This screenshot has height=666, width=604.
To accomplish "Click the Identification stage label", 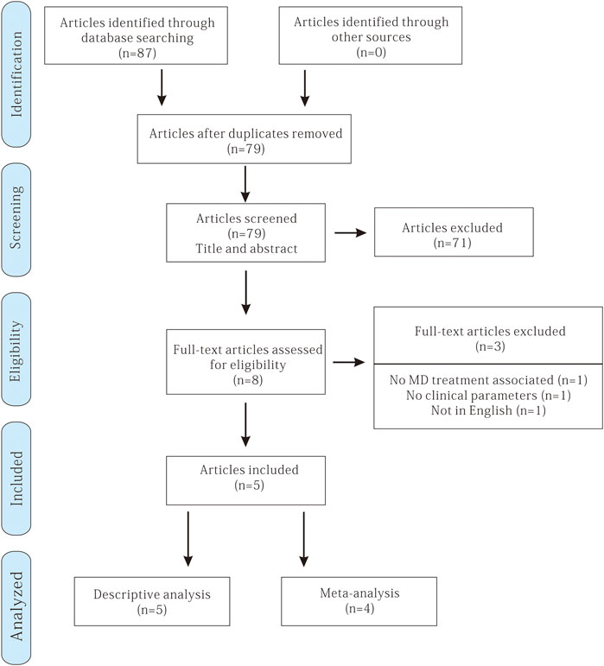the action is [16, 74].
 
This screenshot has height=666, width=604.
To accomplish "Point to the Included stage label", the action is [16, 479].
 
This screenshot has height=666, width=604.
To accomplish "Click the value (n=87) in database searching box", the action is [137, 53].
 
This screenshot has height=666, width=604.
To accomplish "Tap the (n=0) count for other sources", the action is [371, 52].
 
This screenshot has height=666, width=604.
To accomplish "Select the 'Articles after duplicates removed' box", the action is [245, 139].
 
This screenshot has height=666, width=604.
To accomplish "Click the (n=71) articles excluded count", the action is [453, 243].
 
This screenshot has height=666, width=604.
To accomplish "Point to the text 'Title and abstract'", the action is [246, 249].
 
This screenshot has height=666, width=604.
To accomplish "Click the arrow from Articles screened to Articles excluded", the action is [351, 232].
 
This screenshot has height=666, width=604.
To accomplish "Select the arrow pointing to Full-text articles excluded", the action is [349, 362].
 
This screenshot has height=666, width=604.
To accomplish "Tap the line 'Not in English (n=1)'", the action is [488, 410].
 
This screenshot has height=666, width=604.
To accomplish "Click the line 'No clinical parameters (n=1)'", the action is [488, 396].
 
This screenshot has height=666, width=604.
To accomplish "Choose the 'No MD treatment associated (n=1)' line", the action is [488, 380].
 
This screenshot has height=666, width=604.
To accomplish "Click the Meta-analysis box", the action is [359, 601].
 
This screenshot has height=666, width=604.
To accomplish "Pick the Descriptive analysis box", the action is [152, 601].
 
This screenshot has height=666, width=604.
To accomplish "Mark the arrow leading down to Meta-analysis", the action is [303, 539].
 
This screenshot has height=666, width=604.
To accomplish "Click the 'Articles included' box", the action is [246, 480].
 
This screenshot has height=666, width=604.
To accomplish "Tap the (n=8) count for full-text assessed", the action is [248, 380].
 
